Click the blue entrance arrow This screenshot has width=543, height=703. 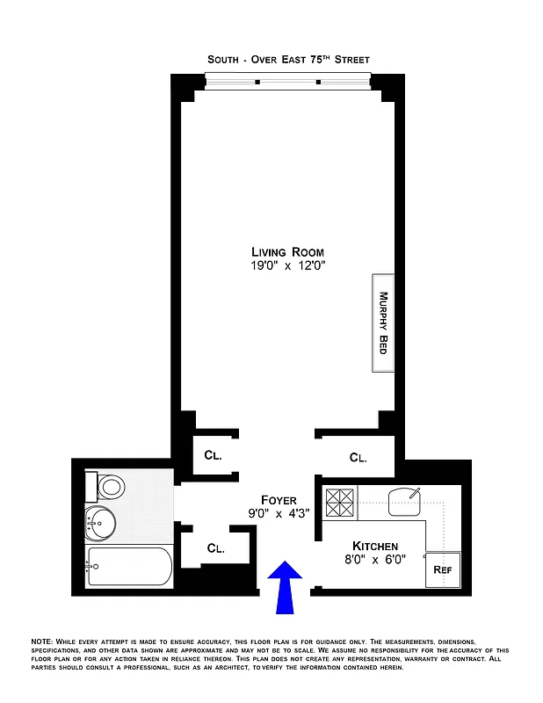coord(285,587)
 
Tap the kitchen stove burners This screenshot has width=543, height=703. coord(339,502)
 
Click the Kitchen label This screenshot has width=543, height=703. coord(375,546)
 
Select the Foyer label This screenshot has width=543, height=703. coord(278,500)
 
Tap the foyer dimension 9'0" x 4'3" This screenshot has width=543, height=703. coord(278,514)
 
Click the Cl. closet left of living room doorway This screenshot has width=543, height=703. coord(214,455)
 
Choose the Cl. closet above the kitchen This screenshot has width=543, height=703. coord(358,457)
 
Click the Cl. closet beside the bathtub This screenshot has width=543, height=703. coord(216,548)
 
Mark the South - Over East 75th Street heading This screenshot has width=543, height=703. coord(288,59)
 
